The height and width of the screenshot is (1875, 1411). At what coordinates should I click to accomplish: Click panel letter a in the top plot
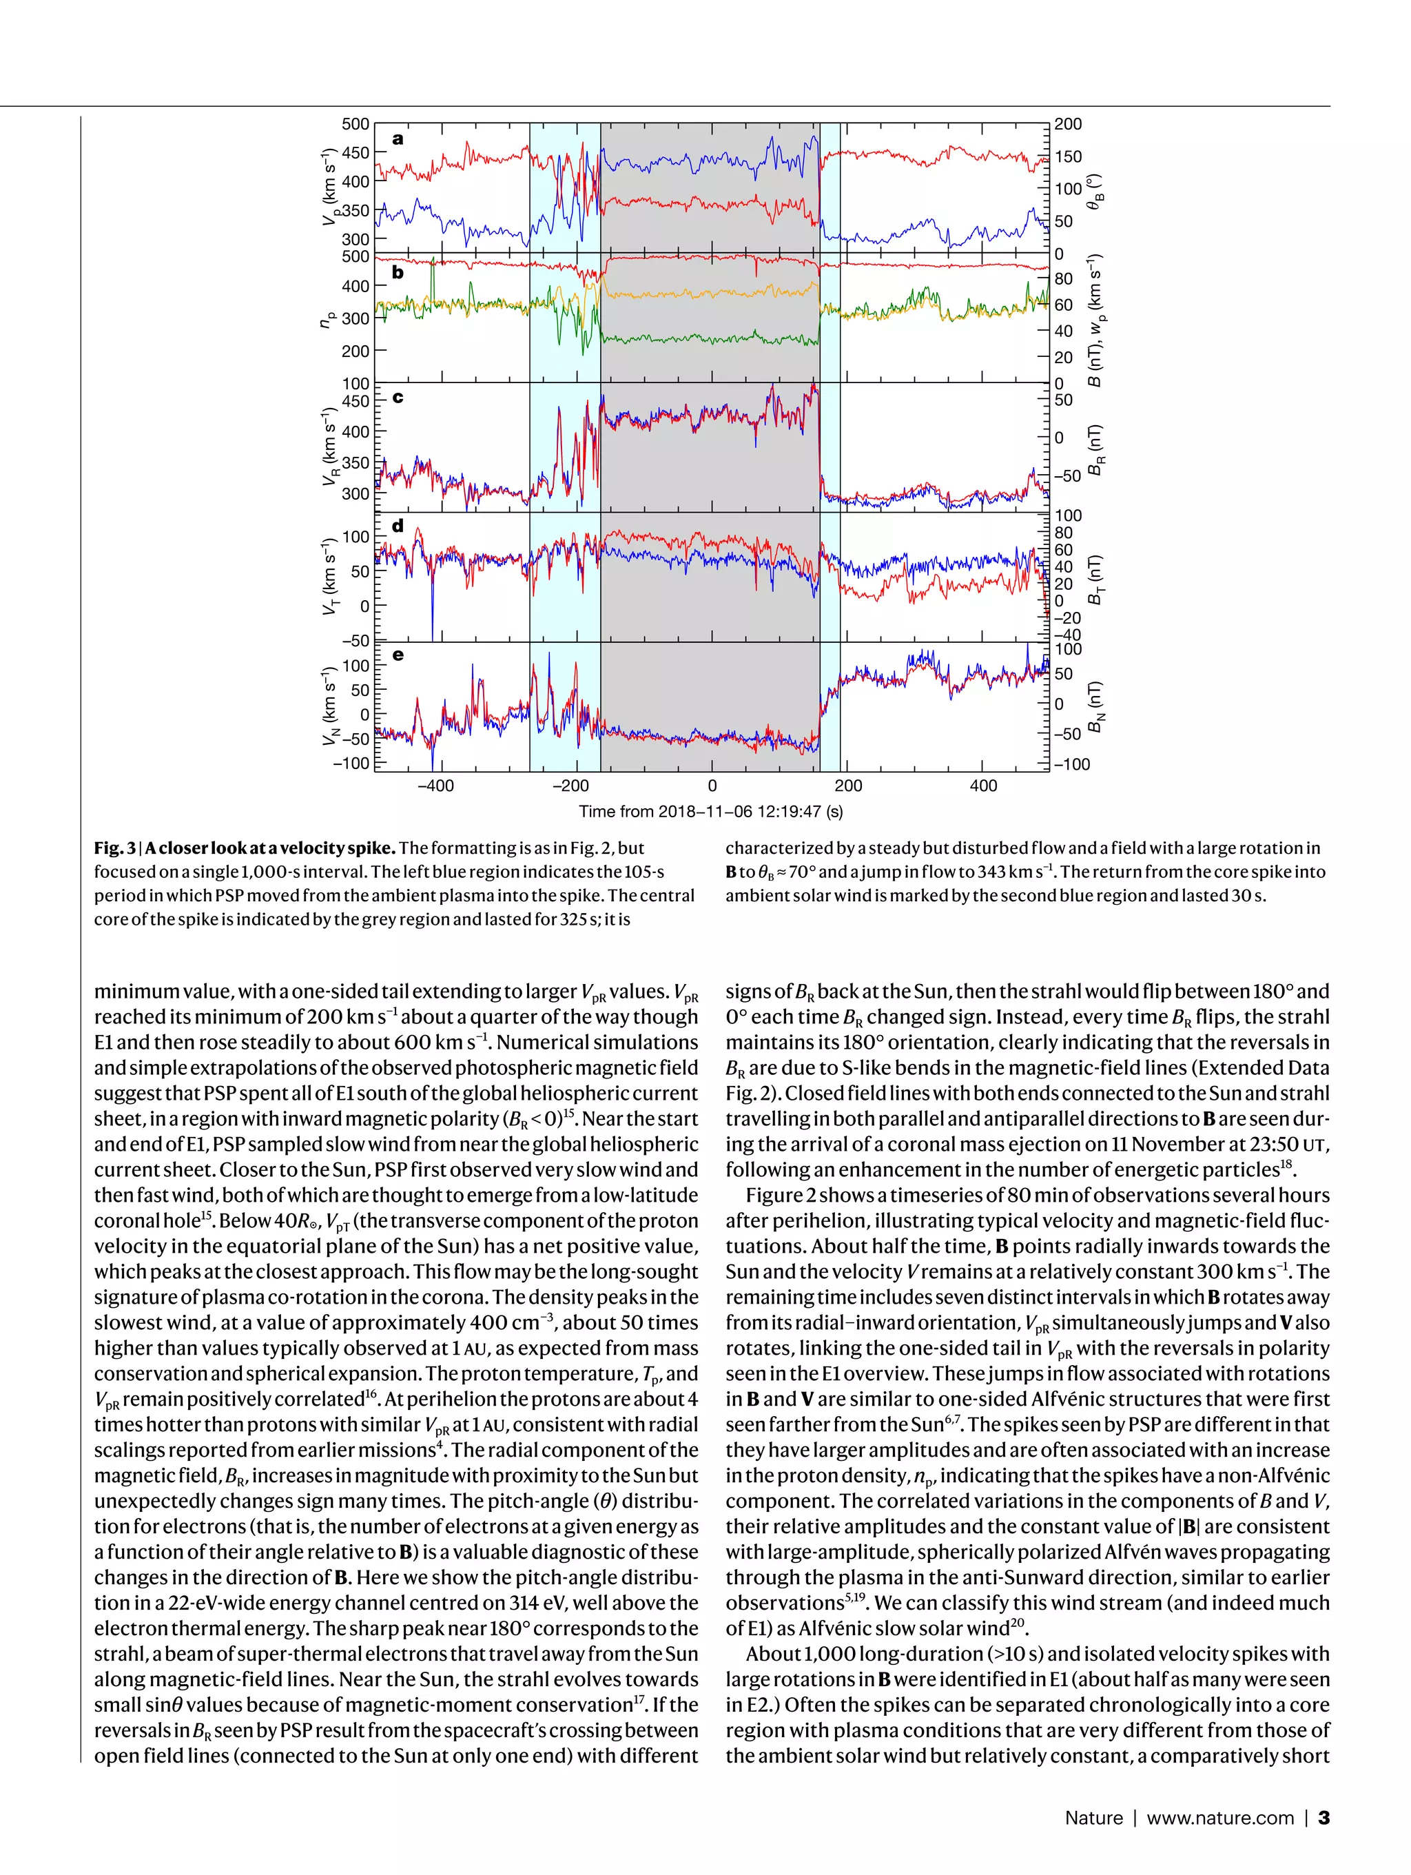398,139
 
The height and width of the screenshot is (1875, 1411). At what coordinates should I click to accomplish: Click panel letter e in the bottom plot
398,655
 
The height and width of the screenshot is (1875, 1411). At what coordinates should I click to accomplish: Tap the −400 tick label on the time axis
435,786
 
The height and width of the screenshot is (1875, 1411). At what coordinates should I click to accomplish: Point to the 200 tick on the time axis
847,786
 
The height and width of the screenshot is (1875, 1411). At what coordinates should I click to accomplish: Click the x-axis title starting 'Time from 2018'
710,811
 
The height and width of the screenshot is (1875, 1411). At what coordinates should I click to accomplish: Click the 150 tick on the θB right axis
1068,156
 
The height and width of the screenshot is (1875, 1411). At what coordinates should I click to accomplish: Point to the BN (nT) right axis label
1095,707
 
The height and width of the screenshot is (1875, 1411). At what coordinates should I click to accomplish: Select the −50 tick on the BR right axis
1067,475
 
